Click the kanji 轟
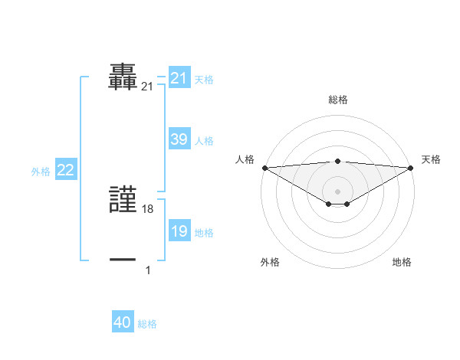pos(123,77)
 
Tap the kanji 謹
pos(123,201)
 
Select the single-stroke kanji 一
pos(123,260)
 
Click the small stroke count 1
pos(148,270)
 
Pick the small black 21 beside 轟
pos(147,87)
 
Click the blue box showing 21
pos(179,78)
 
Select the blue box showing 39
pos(179,139)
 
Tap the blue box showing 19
pos(179,231)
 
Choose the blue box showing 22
pos(65,170)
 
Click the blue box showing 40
pos(123,322)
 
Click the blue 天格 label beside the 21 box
pos(204,79)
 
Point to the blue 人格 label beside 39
pos(204,140)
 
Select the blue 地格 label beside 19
pos(204,232)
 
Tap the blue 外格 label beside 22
pos(41,172)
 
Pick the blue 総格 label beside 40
pos(147,324)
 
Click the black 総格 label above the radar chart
pos(337,100)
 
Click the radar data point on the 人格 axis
pos(264,168)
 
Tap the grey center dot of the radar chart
pos(337,191)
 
